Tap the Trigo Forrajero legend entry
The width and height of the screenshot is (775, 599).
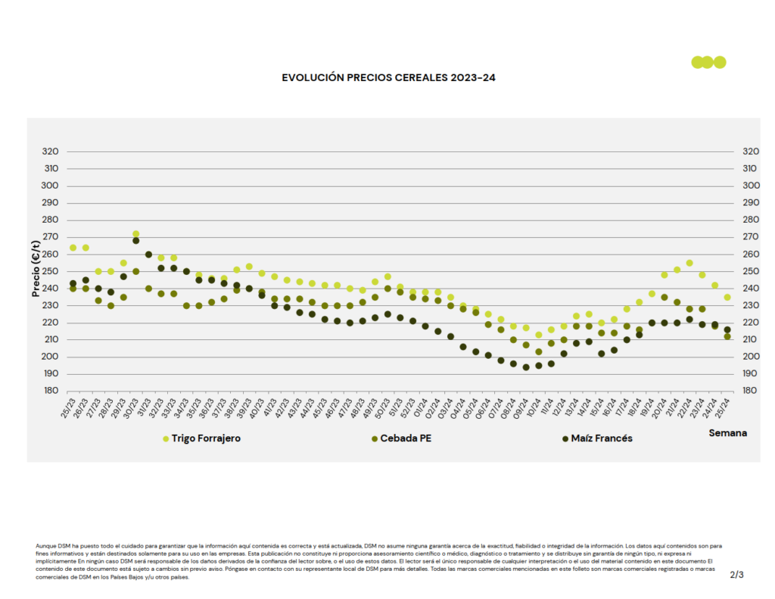(x=205, y=438)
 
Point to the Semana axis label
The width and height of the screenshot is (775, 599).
(x=727, y=433)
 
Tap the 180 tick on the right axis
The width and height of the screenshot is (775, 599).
(x=751, y=391)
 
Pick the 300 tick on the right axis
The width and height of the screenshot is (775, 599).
(x=751, y=186)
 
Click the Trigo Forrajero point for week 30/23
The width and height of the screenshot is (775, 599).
(x=135, y=234)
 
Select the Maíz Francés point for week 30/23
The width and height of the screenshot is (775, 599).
(x=135, y=241)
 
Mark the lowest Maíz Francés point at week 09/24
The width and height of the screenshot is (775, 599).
(x=526, y=367)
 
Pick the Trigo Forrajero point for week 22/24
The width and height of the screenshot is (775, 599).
(x=689, y=263)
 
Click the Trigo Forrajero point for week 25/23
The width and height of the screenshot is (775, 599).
(x=73, y=248)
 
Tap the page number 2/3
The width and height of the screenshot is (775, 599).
(x=736, y=575)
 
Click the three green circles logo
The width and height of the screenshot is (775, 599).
(x=708, y=62)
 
